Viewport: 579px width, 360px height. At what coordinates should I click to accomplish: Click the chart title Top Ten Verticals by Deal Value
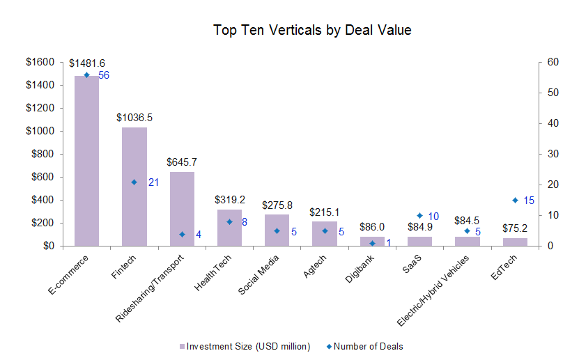pyautogui.click(x=312, y=31)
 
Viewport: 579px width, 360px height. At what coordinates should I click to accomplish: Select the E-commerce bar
pyautogui.click(x=87, y=160)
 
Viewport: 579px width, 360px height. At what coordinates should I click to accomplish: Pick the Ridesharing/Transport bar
pyautogui.click(x=182, y=208)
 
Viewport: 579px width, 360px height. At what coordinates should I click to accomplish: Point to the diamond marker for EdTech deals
pyautogui.click(x=515, y=200)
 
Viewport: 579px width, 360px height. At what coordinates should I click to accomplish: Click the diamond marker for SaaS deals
pyautogui.click(x=419, y=215)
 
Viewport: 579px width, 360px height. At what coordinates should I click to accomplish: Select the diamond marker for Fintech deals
pyautogui.click(x=134, y=182)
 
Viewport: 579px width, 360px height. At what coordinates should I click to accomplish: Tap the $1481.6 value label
pyautogui.click(x=87, y=63)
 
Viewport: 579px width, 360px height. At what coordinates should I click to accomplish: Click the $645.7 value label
pyautogui.click(x=182, y=162)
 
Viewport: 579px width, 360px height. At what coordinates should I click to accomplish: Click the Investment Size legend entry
pyautogui.click(x=244, y=346)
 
